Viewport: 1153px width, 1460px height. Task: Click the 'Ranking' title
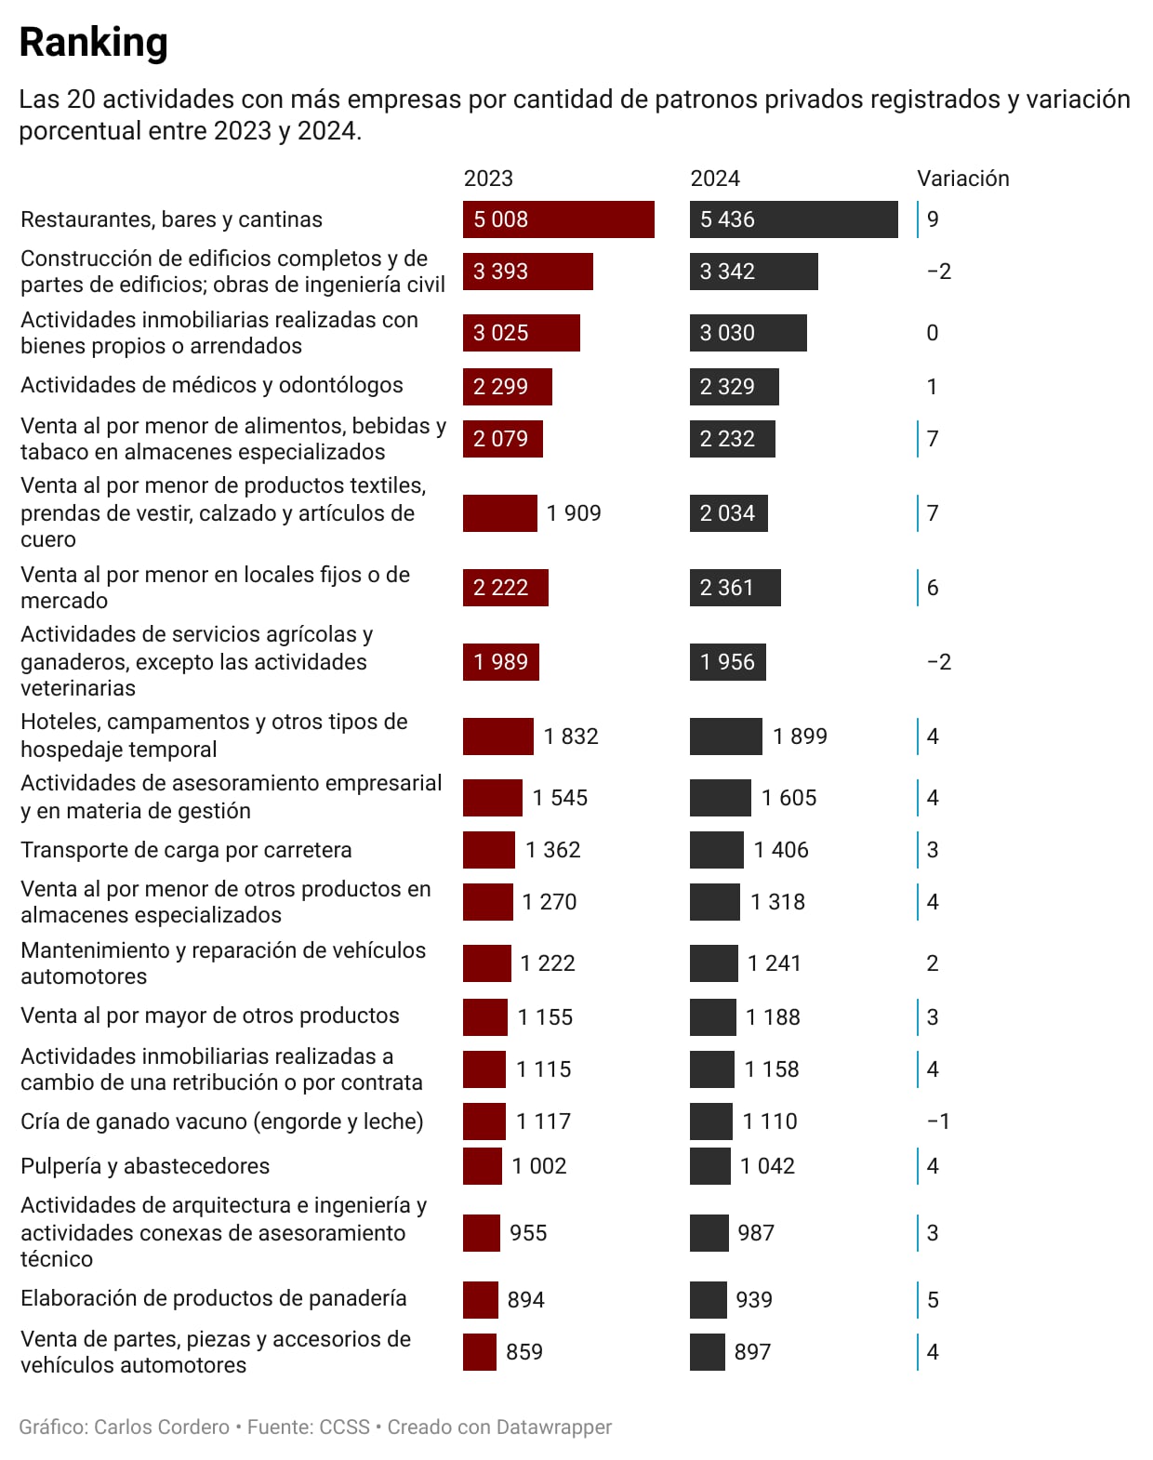pos(93,43)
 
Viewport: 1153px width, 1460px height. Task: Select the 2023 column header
pos(488,179)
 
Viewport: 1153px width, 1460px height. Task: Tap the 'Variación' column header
pos(962,179)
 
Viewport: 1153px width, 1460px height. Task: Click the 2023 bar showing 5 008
pos(558,219)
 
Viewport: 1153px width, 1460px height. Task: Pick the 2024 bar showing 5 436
pos(793,219)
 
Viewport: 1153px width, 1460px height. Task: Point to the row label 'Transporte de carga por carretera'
pos(186,850)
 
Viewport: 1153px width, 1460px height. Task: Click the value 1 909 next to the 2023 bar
pos(574,513)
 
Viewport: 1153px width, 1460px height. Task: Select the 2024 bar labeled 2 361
pos(735,588)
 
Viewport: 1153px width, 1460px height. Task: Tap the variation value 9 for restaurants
pos(933,219)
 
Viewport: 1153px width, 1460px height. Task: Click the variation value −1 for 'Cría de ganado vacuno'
pos(939,1122)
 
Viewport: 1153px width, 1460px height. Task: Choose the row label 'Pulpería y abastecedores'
pos(145,1166)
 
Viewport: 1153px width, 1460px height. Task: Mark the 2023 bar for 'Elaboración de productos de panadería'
pos(481,1300)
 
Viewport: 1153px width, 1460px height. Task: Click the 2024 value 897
pos(752,1352)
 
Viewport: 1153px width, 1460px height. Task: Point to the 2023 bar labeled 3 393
pos(527,272)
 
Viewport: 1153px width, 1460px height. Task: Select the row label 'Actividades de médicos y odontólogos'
pos(212,385)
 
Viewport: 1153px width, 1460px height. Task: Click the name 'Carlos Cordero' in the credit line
pos(162,1427)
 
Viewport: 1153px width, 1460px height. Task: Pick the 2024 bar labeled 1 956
pos(727,662)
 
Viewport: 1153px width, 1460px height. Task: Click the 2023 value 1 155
pos(545,1017)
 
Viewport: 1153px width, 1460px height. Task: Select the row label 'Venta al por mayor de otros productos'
pos(210,1015)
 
